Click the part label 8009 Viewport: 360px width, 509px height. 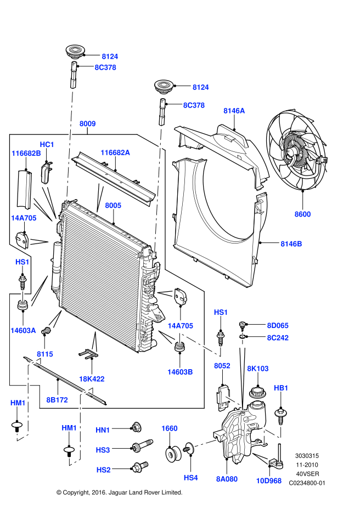pos(87,124)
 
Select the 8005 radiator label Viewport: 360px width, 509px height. pos(113,205)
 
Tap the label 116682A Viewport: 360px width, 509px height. pos(115,152)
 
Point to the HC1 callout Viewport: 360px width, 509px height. pos(47,144)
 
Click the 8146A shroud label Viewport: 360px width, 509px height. pos(234,111)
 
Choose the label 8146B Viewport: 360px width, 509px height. pos(291,244)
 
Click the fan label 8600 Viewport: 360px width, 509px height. pos(302,214)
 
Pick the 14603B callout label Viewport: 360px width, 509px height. pos(181,371)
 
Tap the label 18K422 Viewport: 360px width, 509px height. pos(92,378)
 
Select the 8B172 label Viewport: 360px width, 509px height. pos(57,400)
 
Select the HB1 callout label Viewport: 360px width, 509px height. pos(281,388)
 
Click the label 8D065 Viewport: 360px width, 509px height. pos(277,325)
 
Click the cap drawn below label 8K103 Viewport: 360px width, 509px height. pos(257,393)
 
